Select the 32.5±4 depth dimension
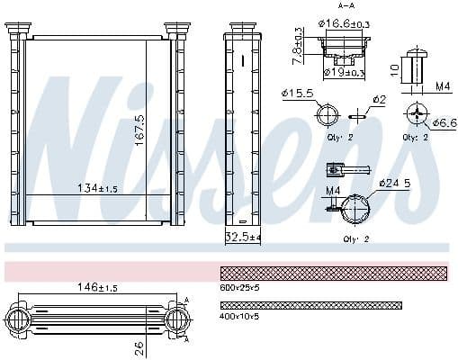(x=242, y=238)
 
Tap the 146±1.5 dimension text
(x=96, y=287)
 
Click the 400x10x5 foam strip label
(x=240, y=317)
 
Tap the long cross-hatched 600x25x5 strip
(x=334, y=273)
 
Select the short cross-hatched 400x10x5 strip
(x=310, y=305)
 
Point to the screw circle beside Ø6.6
(x=417, y=114)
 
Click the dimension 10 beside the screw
(x=392, y=67)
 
